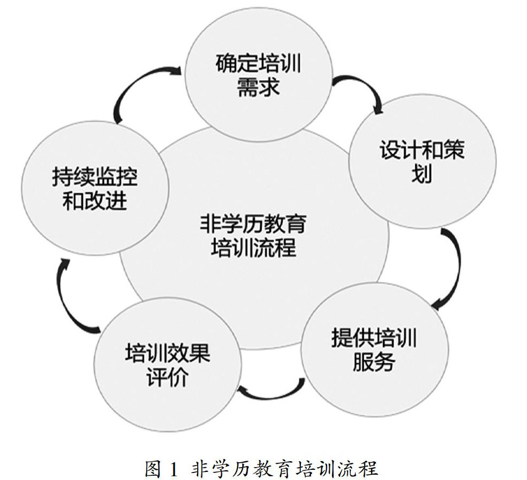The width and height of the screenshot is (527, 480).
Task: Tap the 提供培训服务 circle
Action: pyautogui.click(x=374, y=349)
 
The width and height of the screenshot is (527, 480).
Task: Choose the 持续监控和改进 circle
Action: pyautogui.click(x=95, y=188)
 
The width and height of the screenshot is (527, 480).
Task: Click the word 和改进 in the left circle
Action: pyautogui.click(x=95, y=202)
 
